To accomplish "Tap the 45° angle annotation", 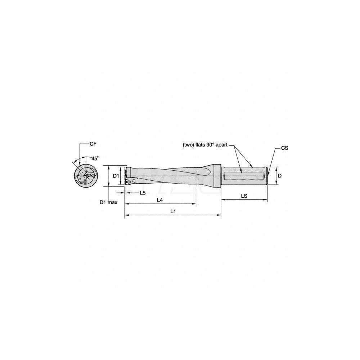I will coord(95,158).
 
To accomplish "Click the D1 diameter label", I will coord(116,176).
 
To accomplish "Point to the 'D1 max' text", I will coord(108,203).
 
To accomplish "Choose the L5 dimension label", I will coord(143,193).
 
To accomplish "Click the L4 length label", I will coord(161,200).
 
